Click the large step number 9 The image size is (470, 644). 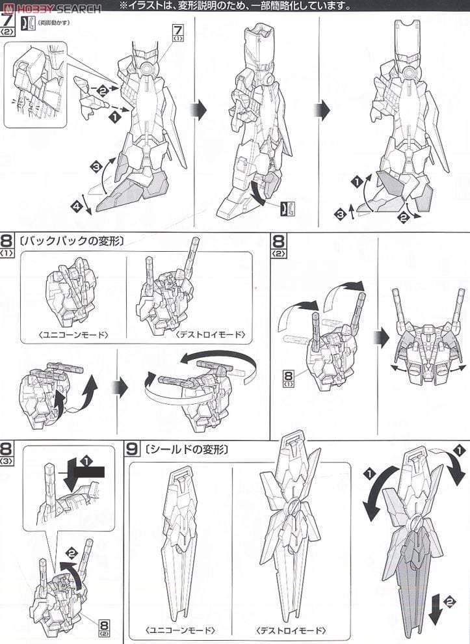click(133, 448)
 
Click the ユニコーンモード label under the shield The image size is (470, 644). click(180, 630)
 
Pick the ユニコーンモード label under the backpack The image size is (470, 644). click(73, 335)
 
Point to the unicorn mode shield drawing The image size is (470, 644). click(180, 540)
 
